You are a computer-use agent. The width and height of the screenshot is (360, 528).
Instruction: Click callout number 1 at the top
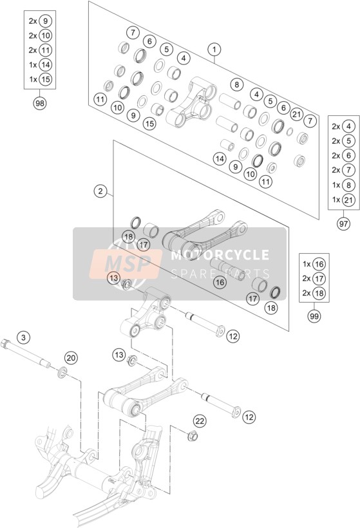pos(214,50)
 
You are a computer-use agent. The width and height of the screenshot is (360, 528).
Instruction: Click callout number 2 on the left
pos(100,191)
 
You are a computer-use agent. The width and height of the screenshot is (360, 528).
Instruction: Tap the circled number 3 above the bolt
pos(23,337)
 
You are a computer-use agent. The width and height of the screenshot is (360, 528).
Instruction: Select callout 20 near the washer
pos(71,357)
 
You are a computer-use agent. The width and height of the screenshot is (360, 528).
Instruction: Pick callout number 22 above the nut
pos(200,421)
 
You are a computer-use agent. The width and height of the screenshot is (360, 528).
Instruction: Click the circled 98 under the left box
pos(40,103)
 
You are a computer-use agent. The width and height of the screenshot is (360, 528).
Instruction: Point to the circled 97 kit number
pos(343,223)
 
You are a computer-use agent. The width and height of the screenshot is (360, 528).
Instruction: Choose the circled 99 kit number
pos(314,316)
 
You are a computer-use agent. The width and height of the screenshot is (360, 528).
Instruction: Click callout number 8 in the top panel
pos(237,84)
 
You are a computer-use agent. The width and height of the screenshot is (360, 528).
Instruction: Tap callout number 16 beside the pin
pos(220,282)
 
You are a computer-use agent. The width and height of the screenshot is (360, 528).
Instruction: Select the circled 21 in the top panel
pos(297,115)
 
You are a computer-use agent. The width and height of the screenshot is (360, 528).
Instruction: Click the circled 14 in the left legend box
pos(45,64)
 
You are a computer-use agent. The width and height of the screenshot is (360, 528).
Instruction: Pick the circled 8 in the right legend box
pos(348,185)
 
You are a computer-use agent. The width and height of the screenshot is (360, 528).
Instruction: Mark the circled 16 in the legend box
pos(319,264)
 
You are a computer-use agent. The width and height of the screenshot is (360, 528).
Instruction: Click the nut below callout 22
pos(193,436)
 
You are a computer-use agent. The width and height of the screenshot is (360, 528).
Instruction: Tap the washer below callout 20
pos(62,372)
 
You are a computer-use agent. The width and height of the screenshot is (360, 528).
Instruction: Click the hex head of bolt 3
pos(6,343)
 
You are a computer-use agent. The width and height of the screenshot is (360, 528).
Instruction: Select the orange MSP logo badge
pos(126,264)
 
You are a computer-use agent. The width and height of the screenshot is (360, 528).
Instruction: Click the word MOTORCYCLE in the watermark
pos(220,255)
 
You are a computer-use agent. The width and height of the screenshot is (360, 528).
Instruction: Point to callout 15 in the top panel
pos(149,124)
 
